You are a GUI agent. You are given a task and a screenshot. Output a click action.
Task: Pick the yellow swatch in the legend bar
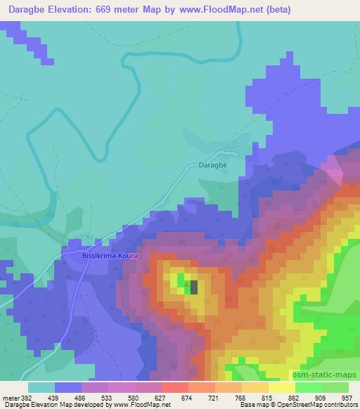point(281,387)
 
